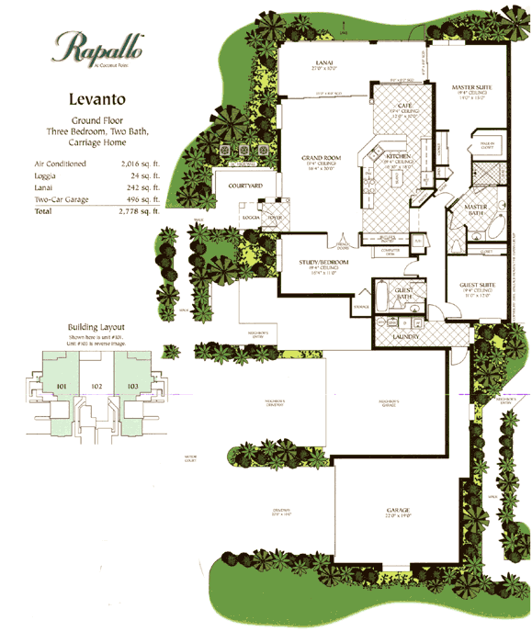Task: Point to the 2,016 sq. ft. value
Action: tap(143, 164)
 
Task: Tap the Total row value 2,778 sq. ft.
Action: tap(141, 210)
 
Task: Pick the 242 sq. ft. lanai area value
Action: tap(144, 186)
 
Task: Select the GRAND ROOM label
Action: tap(321, 158)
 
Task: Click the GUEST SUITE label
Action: tap(478, 286)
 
